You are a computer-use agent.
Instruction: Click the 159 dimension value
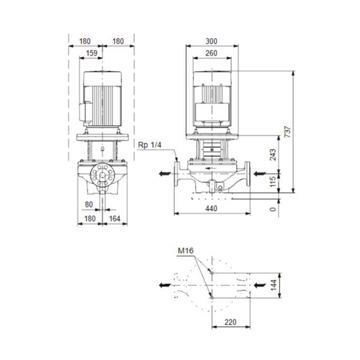point(91,53)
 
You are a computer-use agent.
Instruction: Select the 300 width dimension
point(212,41)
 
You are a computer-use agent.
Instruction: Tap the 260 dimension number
point(212,53)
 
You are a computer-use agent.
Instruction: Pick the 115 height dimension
point(273,182)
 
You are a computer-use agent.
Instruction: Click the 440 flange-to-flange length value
point(212,208)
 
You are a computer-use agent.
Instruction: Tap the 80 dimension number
point(88,204)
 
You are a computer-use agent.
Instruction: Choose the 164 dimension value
point(114,219)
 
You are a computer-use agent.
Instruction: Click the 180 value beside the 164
point(90,219)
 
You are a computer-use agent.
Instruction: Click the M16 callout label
point(185,251)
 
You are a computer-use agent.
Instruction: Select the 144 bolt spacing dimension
point(273,284)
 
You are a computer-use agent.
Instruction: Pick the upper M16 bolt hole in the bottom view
point(212,273)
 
